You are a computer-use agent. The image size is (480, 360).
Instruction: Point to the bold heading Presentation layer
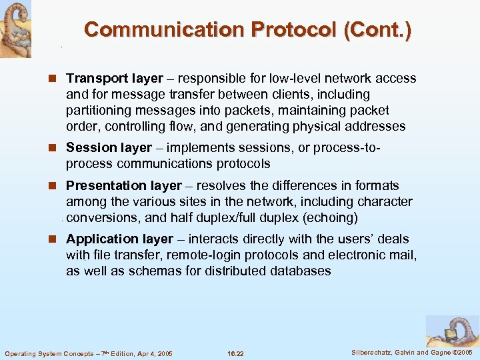point(124,185)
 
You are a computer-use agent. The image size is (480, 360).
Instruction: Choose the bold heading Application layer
point(120,239)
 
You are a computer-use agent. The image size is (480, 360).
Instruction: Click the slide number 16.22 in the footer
point(235,353)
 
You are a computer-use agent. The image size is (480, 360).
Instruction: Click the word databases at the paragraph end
point(298,271)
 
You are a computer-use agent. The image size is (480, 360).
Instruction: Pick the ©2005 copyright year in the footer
point(461,352)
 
